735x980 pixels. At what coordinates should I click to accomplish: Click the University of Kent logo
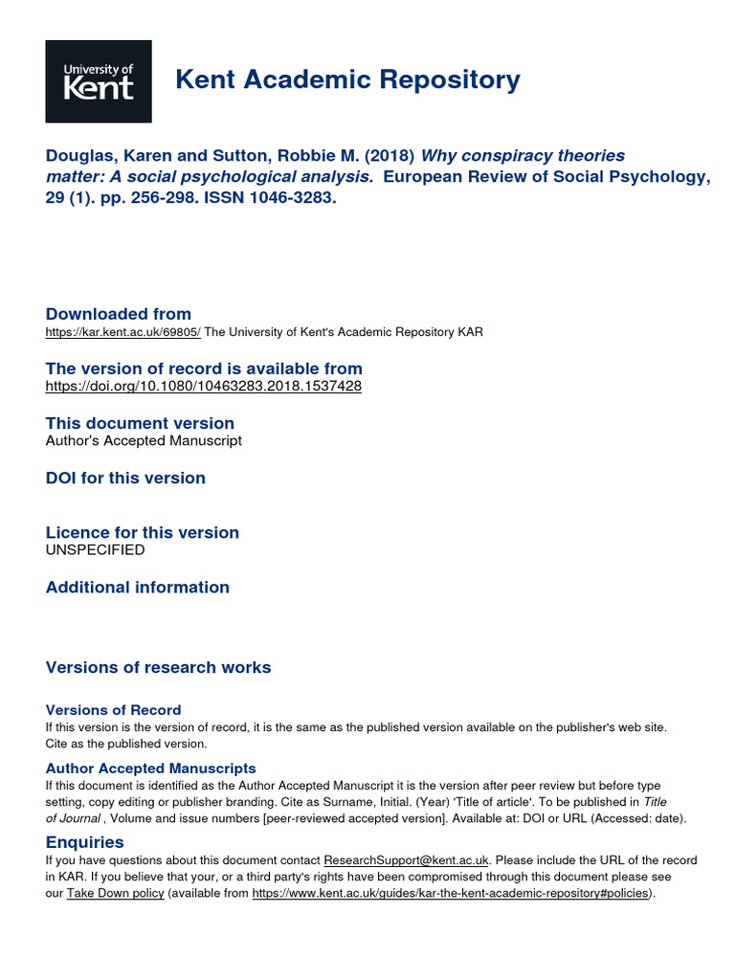pyautogui.click(x=99, y=81)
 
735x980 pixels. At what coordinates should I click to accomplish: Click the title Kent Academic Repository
pyautogui.click(x=348, y=80)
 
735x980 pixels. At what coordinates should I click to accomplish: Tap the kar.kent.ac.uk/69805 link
pyautogui.click(x=123, y=332)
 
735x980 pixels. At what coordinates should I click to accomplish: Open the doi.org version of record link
pyautogui.click(x=204, y=387)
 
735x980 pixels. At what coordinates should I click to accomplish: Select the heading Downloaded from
pyautogui.click(x=119, y=314)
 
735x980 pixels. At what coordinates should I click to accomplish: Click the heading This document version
pyautogui.click(x=140, y=423)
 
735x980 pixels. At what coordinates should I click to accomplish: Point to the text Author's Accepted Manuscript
pyautogui.click(x=144, y=441)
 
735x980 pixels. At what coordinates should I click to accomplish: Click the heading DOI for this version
pyautogui.click(x=125, y=478)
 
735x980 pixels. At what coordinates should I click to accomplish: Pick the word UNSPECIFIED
pyautogui.click(x=96, y=550)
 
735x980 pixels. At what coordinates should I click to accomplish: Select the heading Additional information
pyautogui.click(x=138, y=587)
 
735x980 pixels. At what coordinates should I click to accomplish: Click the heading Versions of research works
pyautogui.click(x=159, y=667)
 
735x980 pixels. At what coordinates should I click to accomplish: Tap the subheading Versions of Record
pyautogui.click(x=113, y=710)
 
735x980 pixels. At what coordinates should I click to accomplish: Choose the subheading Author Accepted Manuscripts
pyautogui.click(x=151, y=768)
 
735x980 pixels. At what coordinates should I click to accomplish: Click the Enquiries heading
pyautogui.click(x=85, y=842)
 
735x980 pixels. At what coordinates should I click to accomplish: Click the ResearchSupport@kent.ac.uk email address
pyautogui.click(x=407, y=860)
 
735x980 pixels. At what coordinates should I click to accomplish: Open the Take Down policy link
pyautogui.click(x=117, y=893)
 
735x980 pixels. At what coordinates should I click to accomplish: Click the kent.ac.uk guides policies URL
pyautogui.click(x=451, y=893)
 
